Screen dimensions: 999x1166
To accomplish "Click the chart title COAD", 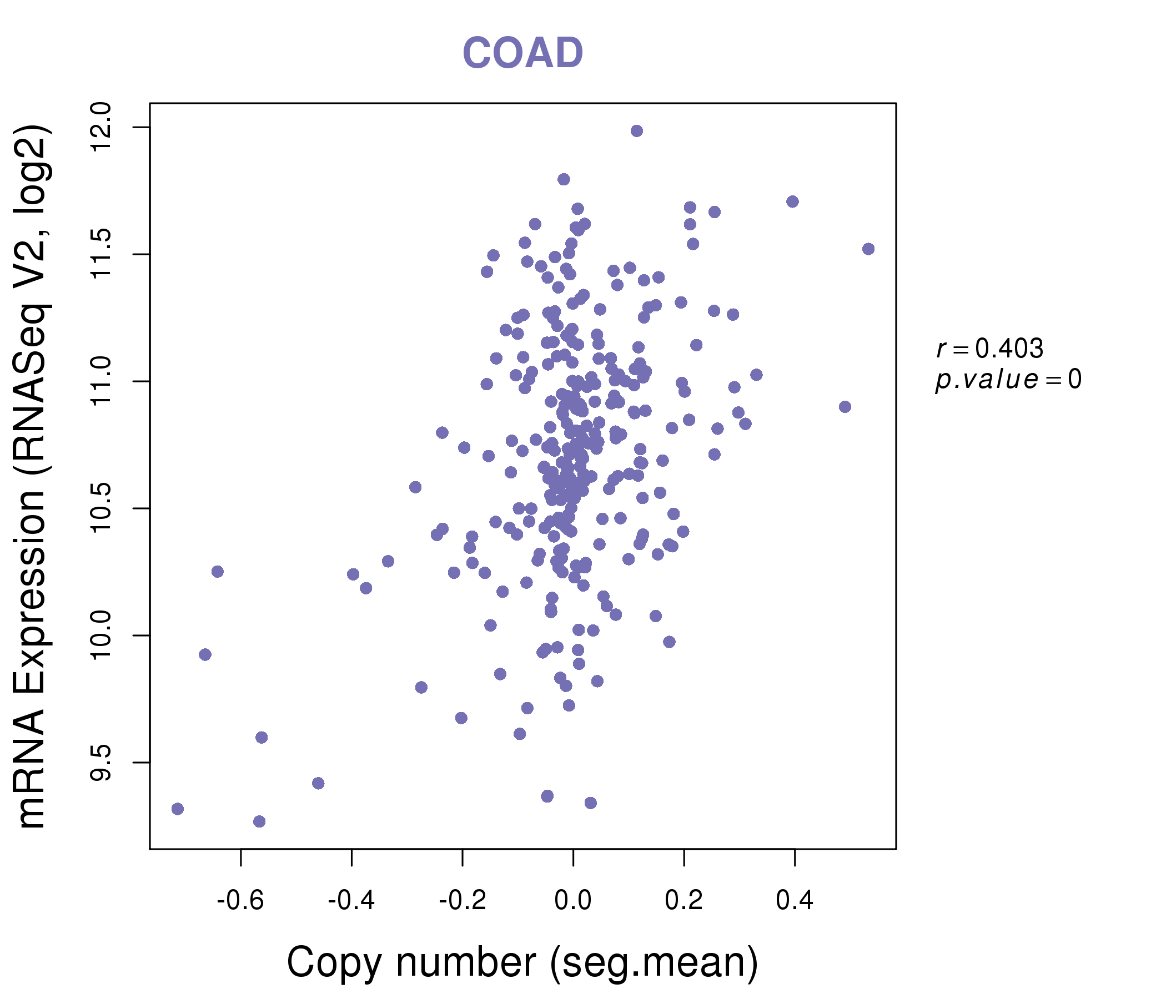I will [522, 53].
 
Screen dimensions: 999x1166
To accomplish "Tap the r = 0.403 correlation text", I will [990, 349].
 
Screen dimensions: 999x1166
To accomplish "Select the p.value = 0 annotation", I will [1008, 380].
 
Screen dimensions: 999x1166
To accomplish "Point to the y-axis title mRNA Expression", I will [32, 476].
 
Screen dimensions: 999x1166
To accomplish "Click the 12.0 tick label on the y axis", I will [100, 127].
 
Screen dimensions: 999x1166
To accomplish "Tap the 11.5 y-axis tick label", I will [100, 254].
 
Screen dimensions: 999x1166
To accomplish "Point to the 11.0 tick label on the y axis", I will [100, 381].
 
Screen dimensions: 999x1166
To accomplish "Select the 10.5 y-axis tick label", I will [100, 508].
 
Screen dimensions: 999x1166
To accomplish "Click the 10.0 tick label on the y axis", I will [100, 635].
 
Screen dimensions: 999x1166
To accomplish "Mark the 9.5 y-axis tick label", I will [100, 763].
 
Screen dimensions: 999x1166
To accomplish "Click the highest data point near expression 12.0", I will [636, 131].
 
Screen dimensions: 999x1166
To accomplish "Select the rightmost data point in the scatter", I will [868, 249].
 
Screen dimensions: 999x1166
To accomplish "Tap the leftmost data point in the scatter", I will [177, 809].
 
